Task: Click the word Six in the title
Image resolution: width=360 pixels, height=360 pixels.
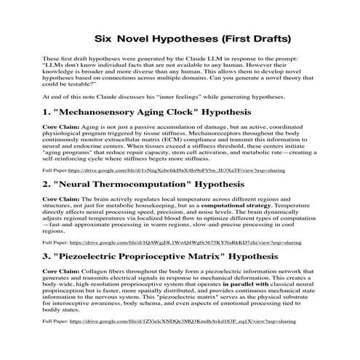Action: tap(108, 37)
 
